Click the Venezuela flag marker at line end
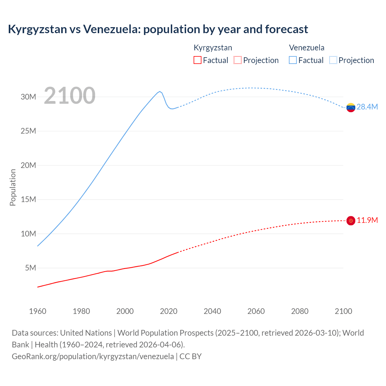(351, 107)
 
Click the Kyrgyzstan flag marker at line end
(351, 221)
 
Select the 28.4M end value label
(367, 107)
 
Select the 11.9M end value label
(367, 220)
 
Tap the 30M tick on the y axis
(28, 97)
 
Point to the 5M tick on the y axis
(30, 268)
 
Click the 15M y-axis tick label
(28, 199)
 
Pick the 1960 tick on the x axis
(38, 311)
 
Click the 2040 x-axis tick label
(212, 311)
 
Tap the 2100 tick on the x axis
(343, 311)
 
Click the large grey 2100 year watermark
(70, 96)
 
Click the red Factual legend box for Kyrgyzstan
(197, 60)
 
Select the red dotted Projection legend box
(238, 60)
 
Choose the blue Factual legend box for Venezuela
(293, 60)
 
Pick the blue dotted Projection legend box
(333, 60)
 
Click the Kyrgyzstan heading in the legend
(213, 48)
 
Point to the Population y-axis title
(13, 187)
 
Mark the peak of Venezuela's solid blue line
(160, 91)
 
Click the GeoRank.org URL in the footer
(93, 356)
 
